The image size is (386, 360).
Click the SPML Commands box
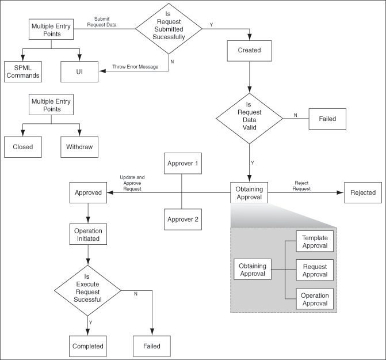click(x=22, y=71)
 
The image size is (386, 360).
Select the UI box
click(x=79, y=71)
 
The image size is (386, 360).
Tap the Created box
click(x=249, y=50)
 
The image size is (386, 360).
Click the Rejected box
click(x=363, y=192)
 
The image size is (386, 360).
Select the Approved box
click(x=89, y=192)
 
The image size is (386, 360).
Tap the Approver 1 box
click(x=182, y=164)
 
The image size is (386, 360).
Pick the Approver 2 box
click(x=182, y=219)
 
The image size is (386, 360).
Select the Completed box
click(x=88, y=346)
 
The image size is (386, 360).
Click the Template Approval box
click(x=315, y=241)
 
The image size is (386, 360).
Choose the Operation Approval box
click(x=315, y=300)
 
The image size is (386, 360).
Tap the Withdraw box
click(x=79, y=146)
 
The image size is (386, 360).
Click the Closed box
click(x=22, y=146)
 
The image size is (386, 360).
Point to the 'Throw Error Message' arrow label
click(x=134, y=67)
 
